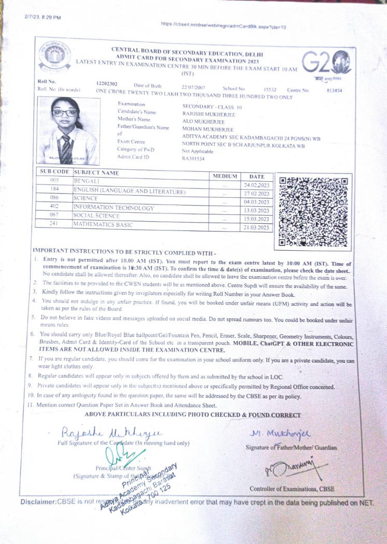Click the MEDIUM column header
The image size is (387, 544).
(225, 176)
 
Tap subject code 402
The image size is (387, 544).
(54, 207)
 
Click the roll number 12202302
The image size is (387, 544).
(107, 83)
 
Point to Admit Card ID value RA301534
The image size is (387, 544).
(193, 159)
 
